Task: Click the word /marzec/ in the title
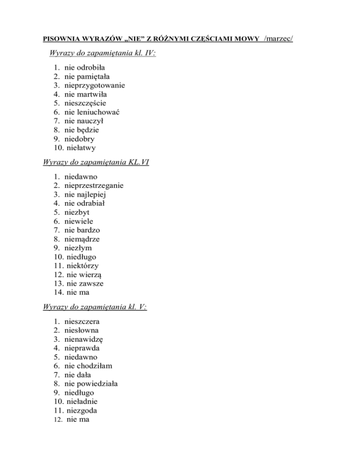tap(278, 37)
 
